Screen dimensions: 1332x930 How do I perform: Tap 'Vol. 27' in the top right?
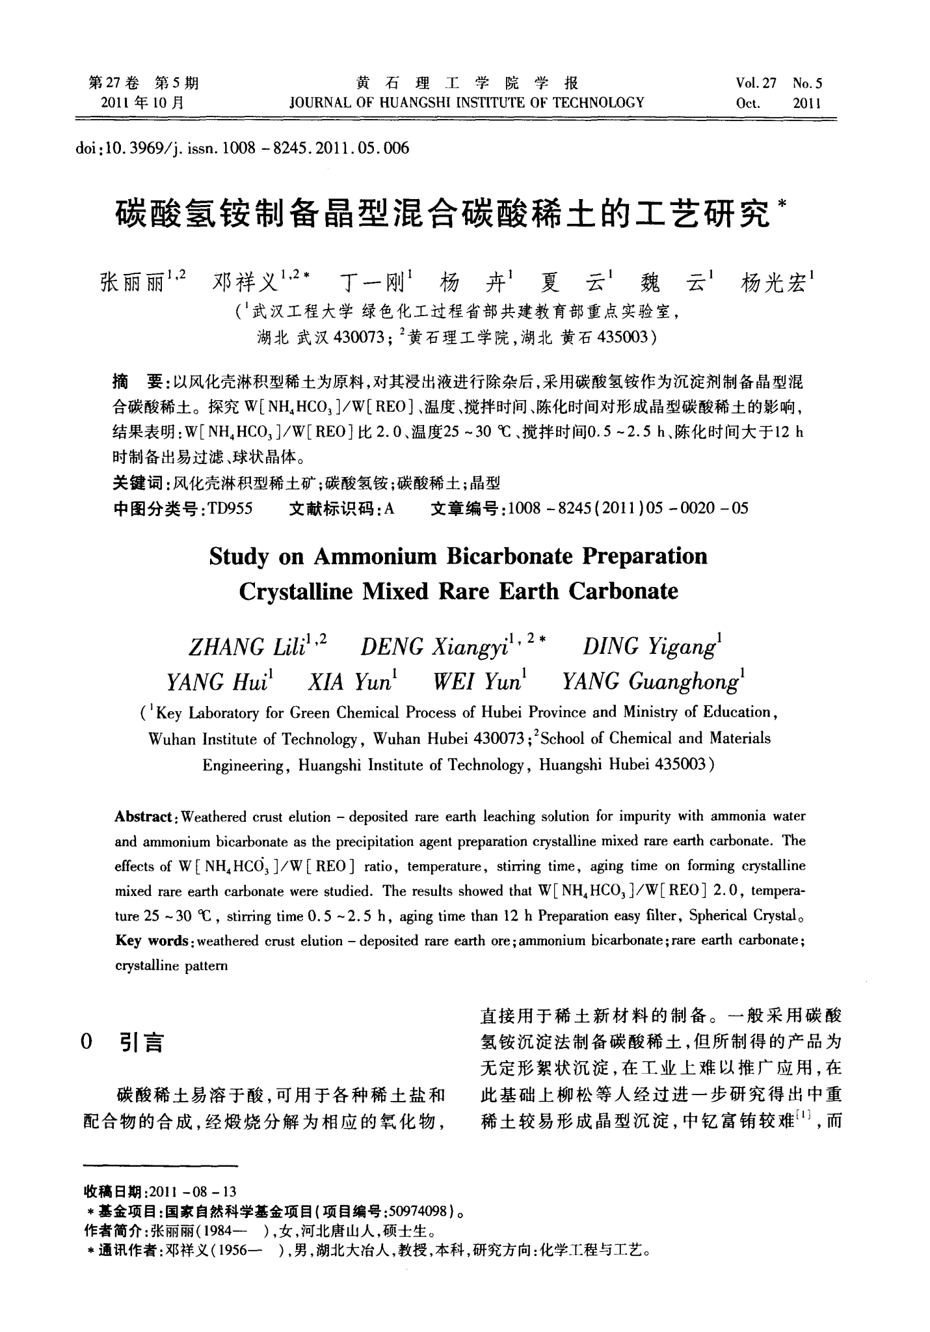tap(756, 83)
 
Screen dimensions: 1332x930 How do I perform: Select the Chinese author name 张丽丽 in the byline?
tap(133, 284)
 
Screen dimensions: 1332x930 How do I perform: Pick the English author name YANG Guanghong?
tap(649, 682)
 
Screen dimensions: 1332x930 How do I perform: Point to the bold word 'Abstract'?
tap(143, 817)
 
